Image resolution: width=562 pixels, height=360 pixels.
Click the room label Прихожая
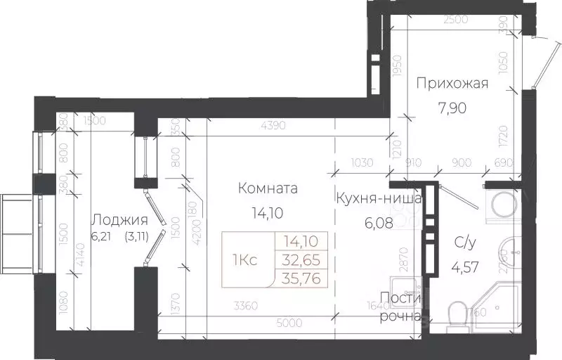(452, 84)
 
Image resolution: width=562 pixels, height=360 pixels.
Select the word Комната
(268, 188)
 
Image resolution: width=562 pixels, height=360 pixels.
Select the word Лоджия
(119, 218)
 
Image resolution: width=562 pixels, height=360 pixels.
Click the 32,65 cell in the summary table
(301, 259)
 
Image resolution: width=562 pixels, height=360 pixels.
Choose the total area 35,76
(301, 276)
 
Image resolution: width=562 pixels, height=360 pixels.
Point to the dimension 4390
(273, 127)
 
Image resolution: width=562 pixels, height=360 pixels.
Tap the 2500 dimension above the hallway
(457, 21)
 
